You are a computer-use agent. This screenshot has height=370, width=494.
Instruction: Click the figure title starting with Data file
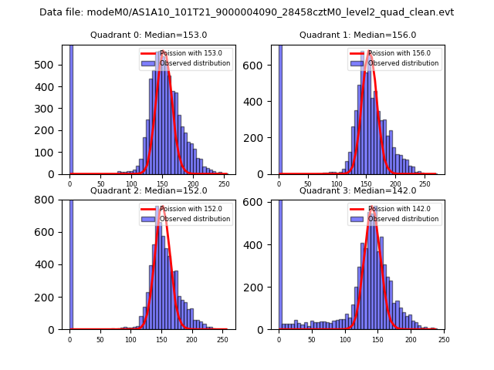(246, 12)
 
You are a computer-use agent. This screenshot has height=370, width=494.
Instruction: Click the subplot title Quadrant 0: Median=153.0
(148, 35)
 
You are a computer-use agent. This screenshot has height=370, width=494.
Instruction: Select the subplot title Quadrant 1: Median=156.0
(357, 35)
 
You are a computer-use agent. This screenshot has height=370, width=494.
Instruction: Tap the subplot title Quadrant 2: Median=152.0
(148, 190)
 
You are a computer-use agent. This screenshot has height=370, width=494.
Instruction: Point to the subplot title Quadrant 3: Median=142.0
(357, 190)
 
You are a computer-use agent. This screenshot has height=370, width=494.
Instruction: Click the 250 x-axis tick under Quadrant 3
(444, 338)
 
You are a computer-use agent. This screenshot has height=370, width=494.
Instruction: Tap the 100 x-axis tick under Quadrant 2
(130, 338)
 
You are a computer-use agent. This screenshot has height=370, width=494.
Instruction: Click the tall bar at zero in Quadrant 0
(71, 108)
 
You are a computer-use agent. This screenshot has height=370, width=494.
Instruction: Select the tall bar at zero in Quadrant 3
(280, 262)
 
